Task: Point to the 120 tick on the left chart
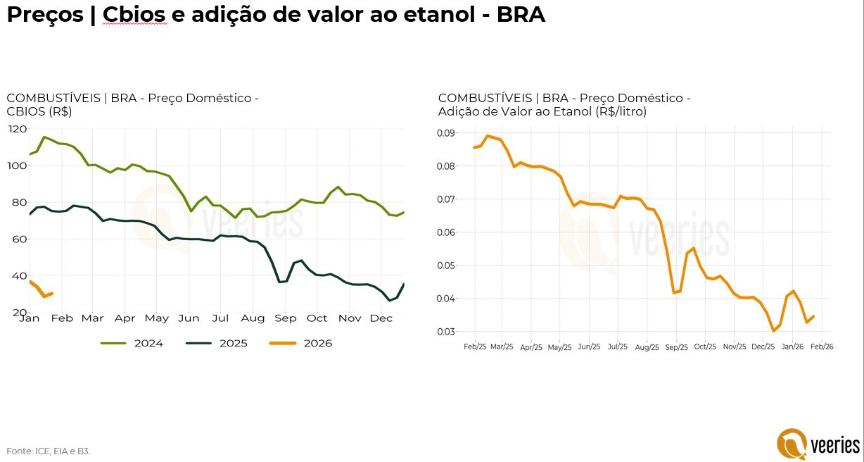pyautogui.click(x=18, y=129)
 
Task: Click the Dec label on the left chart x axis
pyautogui.click(x=381, y=318)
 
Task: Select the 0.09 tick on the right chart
pyautogui.click(x=446, y=133)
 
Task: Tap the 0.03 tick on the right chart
pyautogui.click(x=446, y=332)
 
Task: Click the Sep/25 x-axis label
pyautogui.click(x=676, y=347)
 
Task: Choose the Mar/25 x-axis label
pyautogui.click(x=502, y=347)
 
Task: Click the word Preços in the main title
pyautogui.click(x=44, y=15)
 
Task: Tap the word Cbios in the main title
pyautogui.click(x=134, y=15)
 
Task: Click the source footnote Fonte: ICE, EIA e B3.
pyautogui.click(x=49, y=451)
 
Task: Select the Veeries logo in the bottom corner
pyautogui.click(x=818, y=444)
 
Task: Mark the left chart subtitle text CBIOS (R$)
pyautogui.click(x=39, y=111)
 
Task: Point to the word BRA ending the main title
pyautogui.click(x=521, y=15)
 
